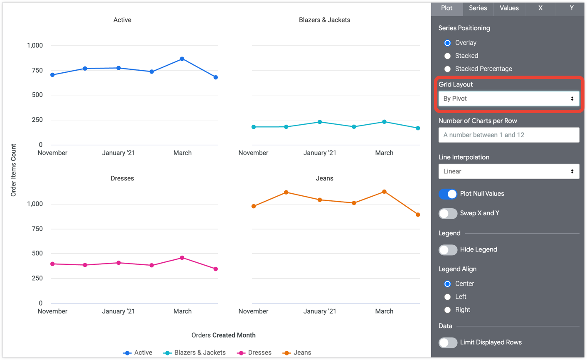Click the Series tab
478,8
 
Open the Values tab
509,8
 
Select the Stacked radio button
448,56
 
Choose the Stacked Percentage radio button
448,69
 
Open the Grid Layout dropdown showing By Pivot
508,99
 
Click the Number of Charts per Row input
508,135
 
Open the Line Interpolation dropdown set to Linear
508,171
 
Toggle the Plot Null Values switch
448,194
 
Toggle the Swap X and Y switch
448,213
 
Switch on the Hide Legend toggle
448,250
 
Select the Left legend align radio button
448,297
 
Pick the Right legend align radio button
448,310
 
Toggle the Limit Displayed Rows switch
448,343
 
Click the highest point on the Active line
182,59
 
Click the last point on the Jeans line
418,215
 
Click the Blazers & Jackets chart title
324,20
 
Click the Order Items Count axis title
14,170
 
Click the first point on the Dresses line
52,264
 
